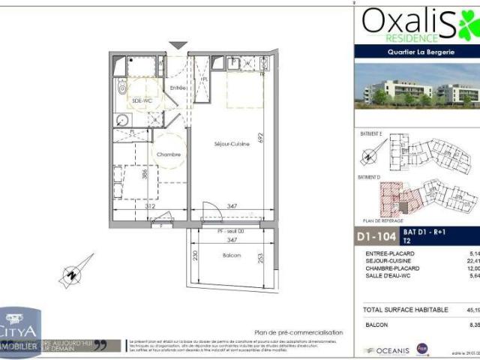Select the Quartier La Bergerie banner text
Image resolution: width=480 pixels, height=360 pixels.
coord(415,52)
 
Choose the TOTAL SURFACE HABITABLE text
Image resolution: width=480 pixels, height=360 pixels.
coord(406,309)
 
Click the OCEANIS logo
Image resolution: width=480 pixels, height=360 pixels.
coord(387,349)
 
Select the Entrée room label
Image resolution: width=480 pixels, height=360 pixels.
coord(178,88)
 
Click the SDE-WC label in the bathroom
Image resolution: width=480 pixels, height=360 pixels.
coord(142,100)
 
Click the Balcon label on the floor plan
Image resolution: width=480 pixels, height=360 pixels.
coord(232,256)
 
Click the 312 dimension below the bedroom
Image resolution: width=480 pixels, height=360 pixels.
coord(150,205)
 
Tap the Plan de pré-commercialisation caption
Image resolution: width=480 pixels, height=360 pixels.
coord(298,332)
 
